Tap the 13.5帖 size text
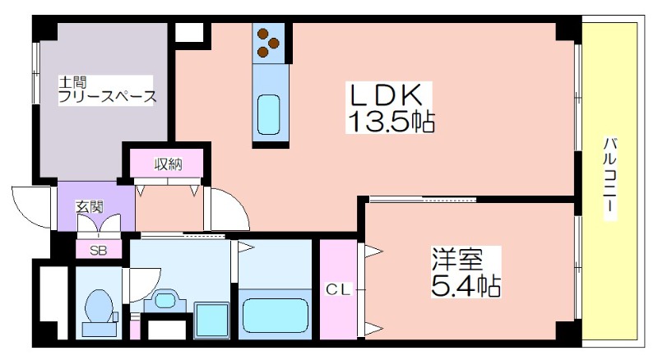click(390, 122)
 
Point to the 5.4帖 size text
click(466, 285)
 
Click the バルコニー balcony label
click(609, 178)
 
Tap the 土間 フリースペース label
click(107, 90)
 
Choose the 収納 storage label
click(168, 164)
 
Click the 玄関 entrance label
click(90, 207)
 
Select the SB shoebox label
click(99, 251)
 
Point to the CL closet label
click(338, 289)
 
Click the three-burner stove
click(269, 43)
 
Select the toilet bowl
click(99, 309)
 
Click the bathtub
click(275, 315)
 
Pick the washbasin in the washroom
click(166, 301)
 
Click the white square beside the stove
click(189, 32)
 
